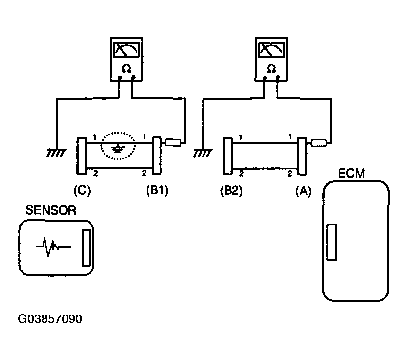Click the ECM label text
(x=351, y=173)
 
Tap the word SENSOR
(x=51, y=210)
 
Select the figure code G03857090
(x=50, y=319)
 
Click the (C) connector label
(x=82, y=191)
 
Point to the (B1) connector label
(x=157, y=191)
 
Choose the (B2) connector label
(x=231, y=191)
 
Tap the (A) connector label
(x=303, y=191)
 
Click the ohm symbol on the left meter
(x=126, y=69)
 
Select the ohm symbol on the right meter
(x=271, y=69)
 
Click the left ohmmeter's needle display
(x=127, y=49)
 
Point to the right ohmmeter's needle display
(x=272, y=49)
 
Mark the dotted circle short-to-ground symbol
(x=118, y=145)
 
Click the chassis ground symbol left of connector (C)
(x=56, y=153)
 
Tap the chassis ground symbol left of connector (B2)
(x=203, y=153)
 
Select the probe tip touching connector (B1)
(x=173, y=142)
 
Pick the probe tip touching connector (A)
(x=319, y=143)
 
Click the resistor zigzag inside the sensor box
(x=54, y=247)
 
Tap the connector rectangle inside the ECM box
(x=331, y=242)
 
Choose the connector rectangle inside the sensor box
(x=86, y=247)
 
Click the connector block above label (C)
(x=81, y=156)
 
